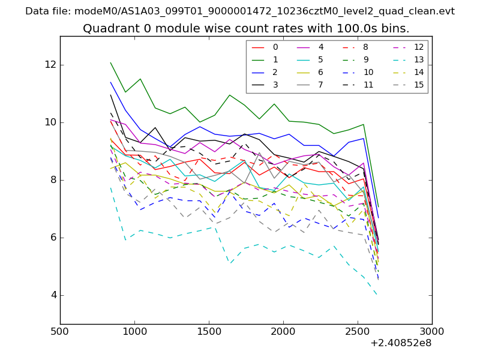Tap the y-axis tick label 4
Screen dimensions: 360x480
tap(52, 295)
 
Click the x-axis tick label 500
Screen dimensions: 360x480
tap(60, 332)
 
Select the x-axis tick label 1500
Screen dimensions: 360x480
tap(209, 332)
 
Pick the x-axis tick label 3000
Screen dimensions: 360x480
tap(432, 332)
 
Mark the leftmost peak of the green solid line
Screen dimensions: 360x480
tap(110, 62)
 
